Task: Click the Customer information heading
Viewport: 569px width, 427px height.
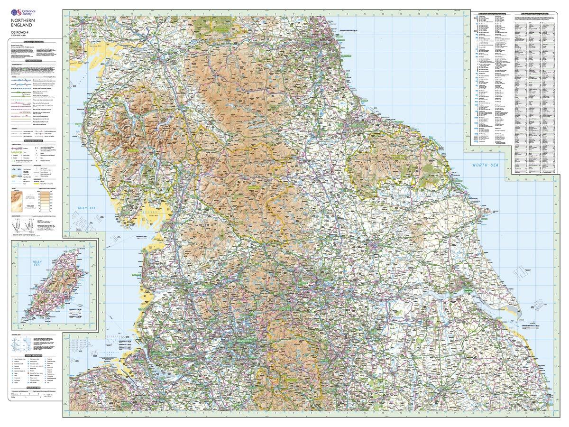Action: (x=34, y=42)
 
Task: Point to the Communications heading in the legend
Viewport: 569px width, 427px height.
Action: (x=34, y=61)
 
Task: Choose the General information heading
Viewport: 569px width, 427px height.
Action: (x=34, y=141)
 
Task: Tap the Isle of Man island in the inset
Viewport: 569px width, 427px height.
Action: (x=52, y=285)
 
